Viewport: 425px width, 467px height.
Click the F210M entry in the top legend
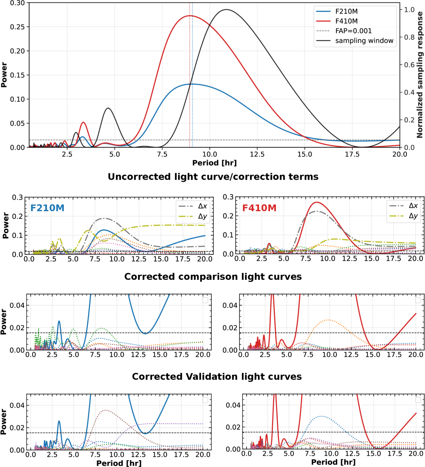coord(337,11)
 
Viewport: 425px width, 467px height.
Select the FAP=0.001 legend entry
coord(344,31)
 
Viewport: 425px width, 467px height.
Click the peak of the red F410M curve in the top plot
coord(190,16)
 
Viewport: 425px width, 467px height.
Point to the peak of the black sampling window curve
coord(226,9)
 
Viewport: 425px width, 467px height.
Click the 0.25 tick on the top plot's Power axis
coord(17,27)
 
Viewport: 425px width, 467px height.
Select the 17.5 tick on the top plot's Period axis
coord(352,154)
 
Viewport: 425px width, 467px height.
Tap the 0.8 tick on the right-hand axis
coord(409,37)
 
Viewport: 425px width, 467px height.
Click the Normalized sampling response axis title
coord(420,75)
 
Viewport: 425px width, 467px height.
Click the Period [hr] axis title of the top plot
coord(214,163)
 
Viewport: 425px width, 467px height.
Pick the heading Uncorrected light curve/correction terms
coord(213,177)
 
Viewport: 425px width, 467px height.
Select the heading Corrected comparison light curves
coord(213,277)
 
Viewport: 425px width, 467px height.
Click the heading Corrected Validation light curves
coord(217,377)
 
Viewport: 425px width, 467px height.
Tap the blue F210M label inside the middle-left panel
coord(47,208)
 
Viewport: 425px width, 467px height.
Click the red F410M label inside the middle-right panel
coord(259,208)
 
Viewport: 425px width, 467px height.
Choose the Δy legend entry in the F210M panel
coord(193,217)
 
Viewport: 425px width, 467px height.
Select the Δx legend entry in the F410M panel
coord(403,206)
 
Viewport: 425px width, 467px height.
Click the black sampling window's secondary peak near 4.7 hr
coord(108,108)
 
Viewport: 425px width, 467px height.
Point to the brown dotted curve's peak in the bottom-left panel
coord(105,410)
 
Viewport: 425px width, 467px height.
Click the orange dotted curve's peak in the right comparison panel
coord(328,320)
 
